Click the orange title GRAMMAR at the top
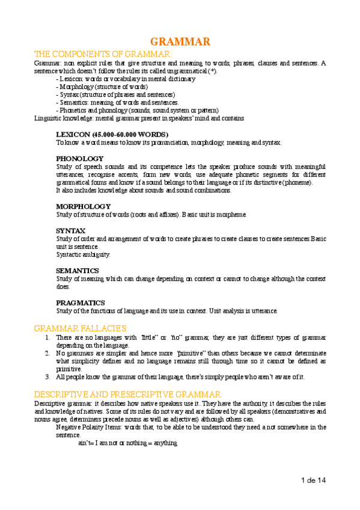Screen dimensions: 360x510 (180, 41)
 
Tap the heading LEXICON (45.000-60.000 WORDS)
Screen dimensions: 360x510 (112, 134)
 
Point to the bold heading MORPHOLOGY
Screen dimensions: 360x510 (83, 206)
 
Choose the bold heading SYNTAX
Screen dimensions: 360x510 (71, 230)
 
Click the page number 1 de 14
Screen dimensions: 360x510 (313, 481)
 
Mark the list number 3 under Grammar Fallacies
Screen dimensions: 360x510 (47, 377)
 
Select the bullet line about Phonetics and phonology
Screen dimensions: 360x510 (137, 110)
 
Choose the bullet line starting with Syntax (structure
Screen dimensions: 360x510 (115, 94)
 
